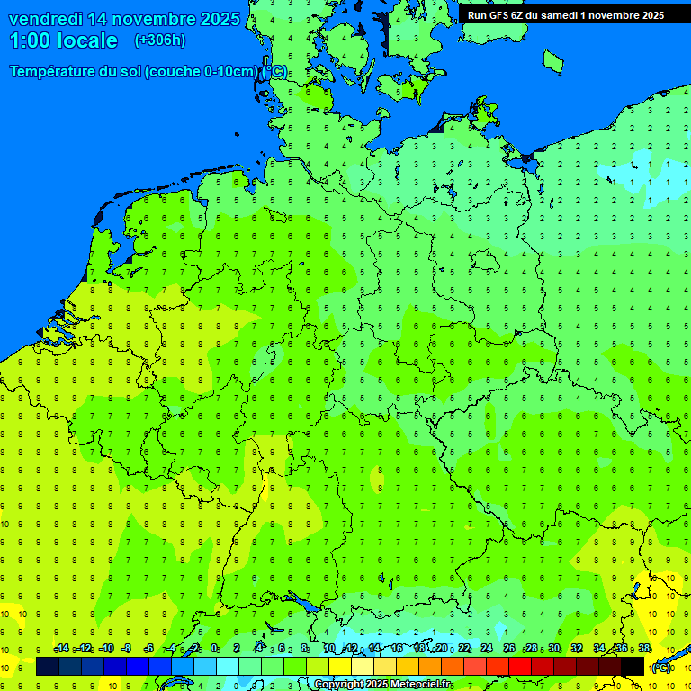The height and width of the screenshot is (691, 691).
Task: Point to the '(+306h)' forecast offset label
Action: tap(160, 40)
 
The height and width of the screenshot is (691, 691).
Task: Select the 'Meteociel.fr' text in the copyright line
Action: tap(426, 685)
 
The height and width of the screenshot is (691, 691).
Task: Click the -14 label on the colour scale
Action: tap(61, 649)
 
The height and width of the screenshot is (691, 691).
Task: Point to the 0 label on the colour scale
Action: tap(214, 649)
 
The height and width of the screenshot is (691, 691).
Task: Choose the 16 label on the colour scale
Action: tap(399, 649)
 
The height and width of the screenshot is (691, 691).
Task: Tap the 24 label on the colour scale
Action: tap(487, 649)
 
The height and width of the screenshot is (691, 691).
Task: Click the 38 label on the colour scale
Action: tap(644, 649)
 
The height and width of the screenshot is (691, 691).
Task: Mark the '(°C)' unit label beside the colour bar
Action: tap(661, 668)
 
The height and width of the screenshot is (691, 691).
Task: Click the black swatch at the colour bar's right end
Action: tap(633, 667)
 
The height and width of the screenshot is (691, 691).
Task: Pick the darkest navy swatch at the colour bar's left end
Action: tap(48, 667)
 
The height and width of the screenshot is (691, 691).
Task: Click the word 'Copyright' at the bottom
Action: tap(339, 685)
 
